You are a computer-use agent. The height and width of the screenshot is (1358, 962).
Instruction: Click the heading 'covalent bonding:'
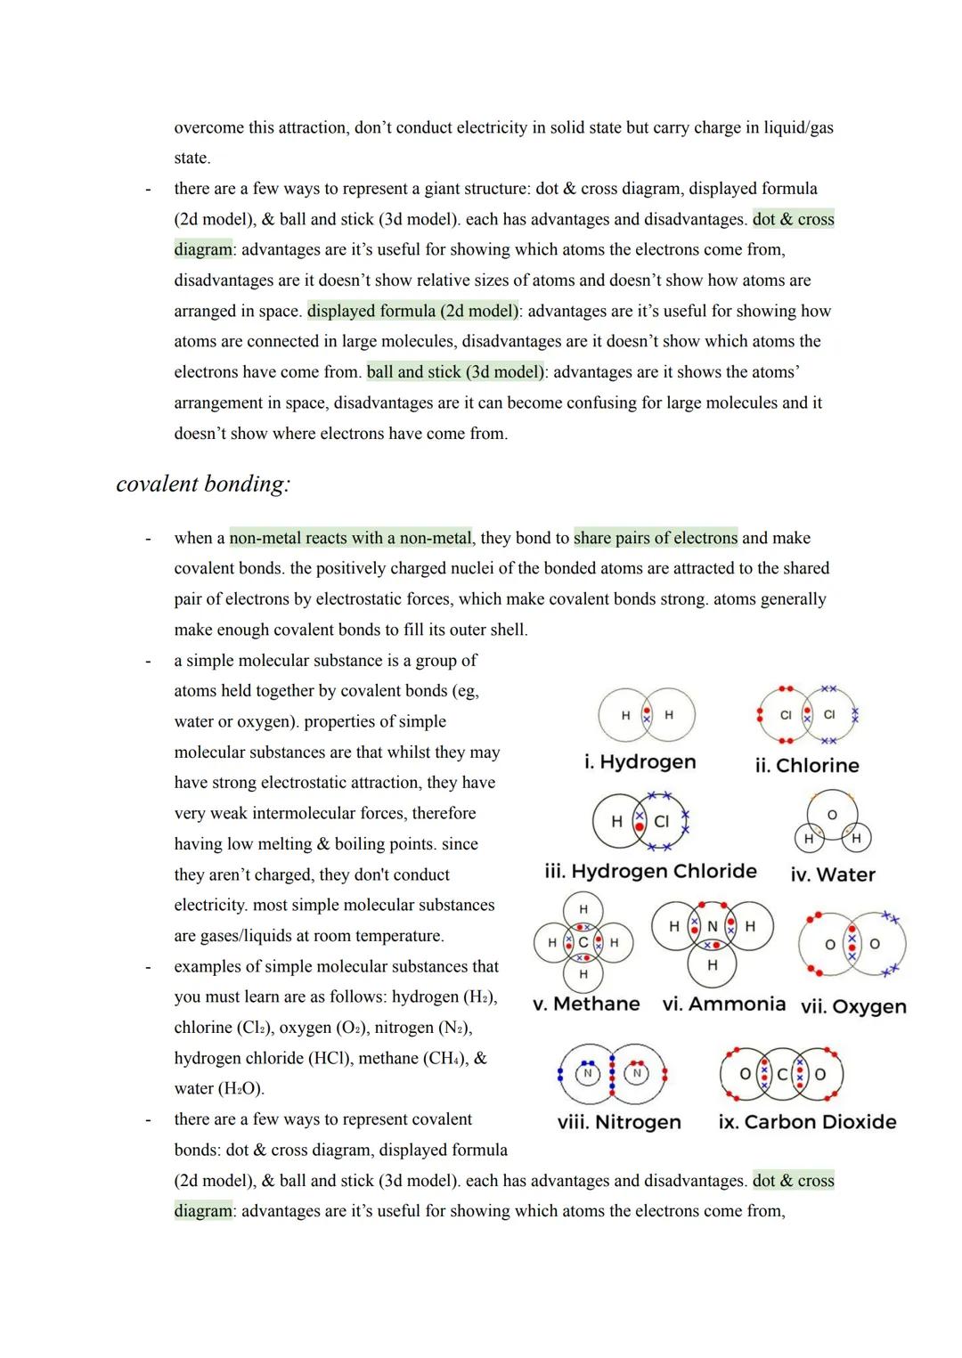click(203, 484)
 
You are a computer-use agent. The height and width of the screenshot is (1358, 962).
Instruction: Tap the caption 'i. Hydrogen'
click(640, 762)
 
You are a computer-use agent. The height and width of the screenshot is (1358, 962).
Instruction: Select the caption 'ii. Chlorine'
click(807, 766)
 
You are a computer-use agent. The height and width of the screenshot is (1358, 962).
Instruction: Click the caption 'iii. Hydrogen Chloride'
click(650, 871)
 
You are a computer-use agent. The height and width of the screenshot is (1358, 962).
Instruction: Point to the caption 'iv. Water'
click(833, 874)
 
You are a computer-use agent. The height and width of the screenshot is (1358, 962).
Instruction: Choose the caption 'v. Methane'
click(586, 1004)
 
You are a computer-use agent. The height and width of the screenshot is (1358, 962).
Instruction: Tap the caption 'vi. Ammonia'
click(724, 1004)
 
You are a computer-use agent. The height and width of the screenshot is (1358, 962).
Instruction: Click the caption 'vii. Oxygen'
click(853, 1006)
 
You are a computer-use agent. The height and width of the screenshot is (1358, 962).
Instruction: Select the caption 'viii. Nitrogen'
click(619, 1122)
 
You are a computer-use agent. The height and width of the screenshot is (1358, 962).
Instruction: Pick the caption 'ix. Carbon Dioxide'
click(807, 1122)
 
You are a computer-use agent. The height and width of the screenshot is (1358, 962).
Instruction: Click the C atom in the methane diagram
click(583, 942)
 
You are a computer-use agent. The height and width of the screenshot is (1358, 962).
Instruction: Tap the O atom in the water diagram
click(832, 815)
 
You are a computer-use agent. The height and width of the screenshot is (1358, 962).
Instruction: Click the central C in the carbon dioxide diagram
click(782, 1075)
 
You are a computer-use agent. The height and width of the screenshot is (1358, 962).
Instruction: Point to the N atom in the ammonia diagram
click(712, 927)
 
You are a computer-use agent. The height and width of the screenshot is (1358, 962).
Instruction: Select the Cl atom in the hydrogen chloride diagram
click(661, 821)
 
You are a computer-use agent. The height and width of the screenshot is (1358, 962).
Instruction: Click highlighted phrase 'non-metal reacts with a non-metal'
click(351, 538)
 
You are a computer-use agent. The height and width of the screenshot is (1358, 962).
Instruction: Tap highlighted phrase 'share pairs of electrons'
click(656, 538)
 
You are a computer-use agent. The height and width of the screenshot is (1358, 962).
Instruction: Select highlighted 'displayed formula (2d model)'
click(413, 311)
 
